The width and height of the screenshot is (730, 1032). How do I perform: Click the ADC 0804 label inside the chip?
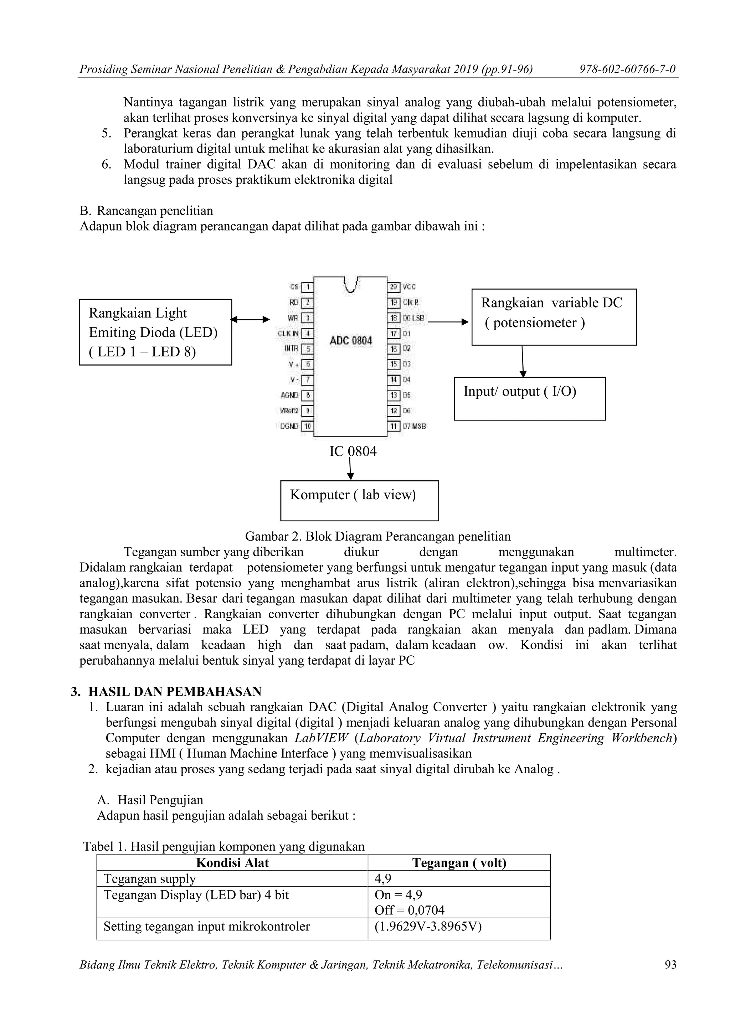point(351,341)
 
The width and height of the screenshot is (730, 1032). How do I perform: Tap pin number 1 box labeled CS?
point(308,287)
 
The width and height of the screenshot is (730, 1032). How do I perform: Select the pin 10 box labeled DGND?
point(308,426)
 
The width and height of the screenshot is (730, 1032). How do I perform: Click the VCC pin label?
point(409,287)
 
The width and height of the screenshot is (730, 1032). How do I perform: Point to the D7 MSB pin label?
point(414,426)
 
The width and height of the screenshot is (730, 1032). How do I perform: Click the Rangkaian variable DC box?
point(554,317)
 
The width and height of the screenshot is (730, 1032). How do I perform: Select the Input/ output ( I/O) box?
point(530,399)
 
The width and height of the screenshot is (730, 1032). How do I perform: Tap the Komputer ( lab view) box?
point(359,500)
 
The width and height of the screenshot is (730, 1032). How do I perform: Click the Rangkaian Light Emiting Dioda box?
point(155,332)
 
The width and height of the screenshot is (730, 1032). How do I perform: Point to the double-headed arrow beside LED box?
point(250,320)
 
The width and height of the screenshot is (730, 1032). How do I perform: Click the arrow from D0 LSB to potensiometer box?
point(448,322)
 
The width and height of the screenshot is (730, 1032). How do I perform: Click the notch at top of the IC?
point(351,284)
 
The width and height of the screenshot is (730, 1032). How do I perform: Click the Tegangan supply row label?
point(150,878)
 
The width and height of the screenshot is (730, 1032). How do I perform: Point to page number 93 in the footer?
point(670,965)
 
